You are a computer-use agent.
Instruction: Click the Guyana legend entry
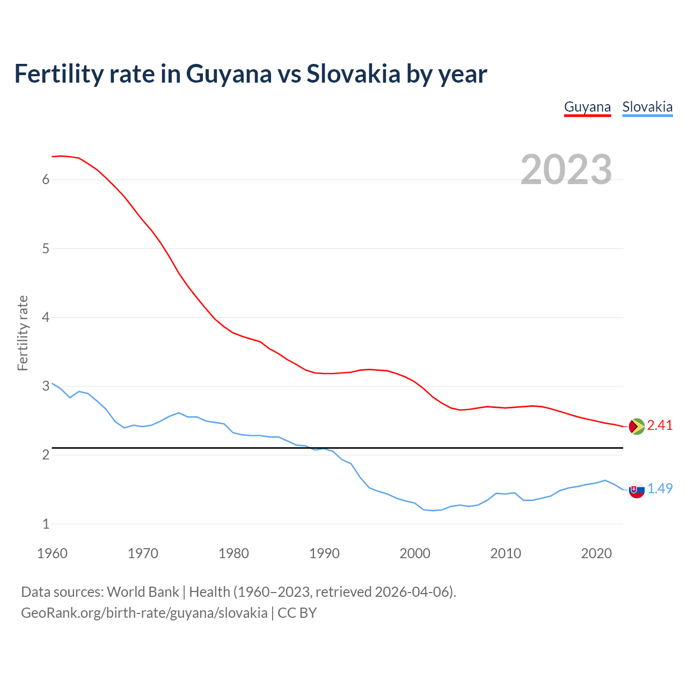[x=587, y=107]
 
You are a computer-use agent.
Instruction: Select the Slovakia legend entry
[x=647, y=107]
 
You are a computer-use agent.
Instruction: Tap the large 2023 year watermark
[x=566, y=170]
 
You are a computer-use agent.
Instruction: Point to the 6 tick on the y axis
[x=46, y=180]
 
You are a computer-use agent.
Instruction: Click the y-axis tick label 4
[x=46, y=318]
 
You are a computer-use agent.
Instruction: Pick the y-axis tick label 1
[x=46, y=524]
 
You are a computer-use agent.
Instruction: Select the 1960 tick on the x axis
[x=52, y=553]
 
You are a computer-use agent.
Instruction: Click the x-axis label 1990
[x=324, y=553]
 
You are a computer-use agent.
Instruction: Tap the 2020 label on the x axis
[x=596, y=553]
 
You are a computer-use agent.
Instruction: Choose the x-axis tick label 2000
[x=415, y=553]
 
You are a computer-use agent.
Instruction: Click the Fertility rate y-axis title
[x=23, y=333]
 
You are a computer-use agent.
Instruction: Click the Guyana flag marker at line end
[x=637, y=426]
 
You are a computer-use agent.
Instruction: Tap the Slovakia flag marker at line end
[x=637, y=489]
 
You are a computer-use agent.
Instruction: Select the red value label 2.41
[x=660, y=426]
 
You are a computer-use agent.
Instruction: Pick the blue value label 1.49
[x=660, y=489]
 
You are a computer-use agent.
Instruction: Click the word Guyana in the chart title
[x=229, y=74]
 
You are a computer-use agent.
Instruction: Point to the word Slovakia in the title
[x=353, y=74]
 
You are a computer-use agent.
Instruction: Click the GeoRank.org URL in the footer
[x=144, y=613]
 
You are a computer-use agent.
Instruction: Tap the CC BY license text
[x=297, y=613]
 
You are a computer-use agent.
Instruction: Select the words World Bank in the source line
[x=143, y=592]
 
